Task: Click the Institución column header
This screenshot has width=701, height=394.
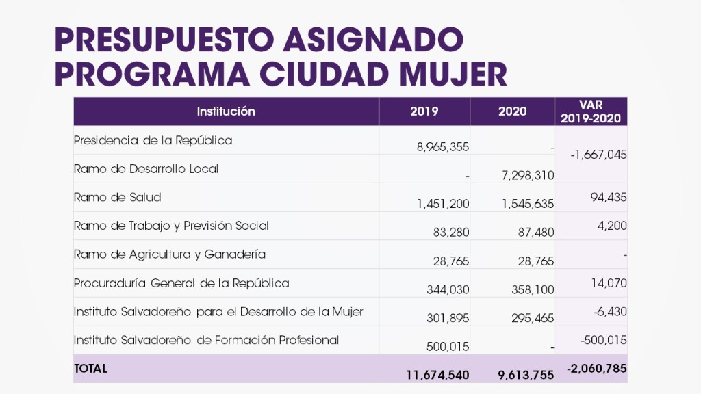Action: [x=226, y=111]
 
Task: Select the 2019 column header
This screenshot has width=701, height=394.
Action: [x=424, y=111]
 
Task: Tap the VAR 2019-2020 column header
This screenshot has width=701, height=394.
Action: [x=591, y=111]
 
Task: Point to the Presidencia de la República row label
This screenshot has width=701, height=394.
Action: [x=153, y=141]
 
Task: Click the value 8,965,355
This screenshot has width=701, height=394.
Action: [x=443, y=147]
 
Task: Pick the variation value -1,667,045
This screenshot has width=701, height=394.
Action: [x=598, y=155]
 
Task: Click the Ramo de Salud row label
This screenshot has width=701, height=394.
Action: [x=117, y=198]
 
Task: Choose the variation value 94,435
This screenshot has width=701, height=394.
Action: [x=609, y=198]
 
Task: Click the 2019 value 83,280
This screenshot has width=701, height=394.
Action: [x=451, y=233]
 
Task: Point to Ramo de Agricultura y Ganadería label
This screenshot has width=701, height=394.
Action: [x=169, y=254]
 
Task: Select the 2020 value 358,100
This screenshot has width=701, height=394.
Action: [x=533, y=290]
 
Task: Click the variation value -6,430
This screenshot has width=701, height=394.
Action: [x=611, y=311]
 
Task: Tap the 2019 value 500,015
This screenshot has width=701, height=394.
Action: [x=448, y=347]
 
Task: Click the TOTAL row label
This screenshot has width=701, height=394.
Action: [x=90, y=368]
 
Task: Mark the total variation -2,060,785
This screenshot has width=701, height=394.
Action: [x=597, y=369]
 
